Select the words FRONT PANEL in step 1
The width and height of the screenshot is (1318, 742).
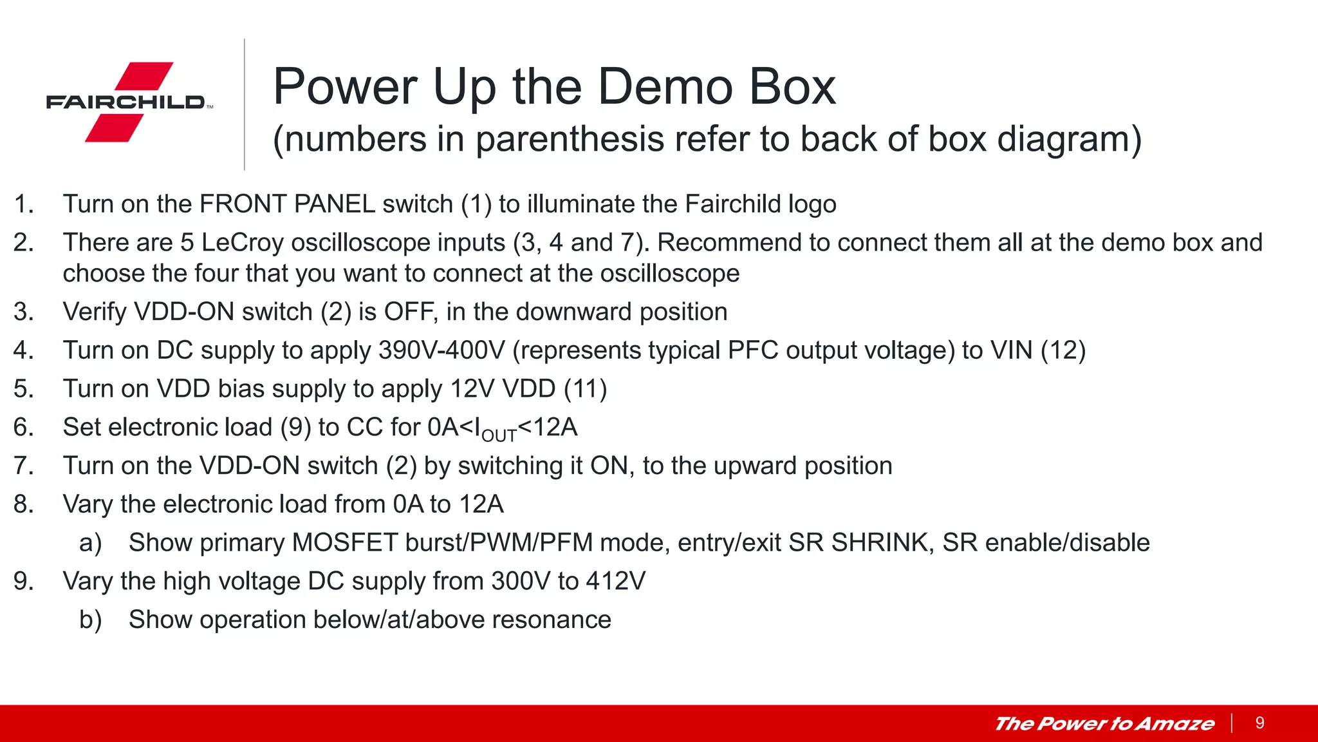[x=287, y=204]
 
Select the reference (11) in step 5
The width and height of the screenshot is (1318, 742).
[x=585, y=389]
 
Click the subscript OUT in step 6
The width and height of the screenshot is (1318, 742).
[x=499, y=436]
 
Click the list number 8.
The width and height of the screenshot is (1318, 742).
[x=23, y=504]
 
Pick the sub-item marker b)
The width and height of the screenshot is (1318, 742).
[x=90, y=620]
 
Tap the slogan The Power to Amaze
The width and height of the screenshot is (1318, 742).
[x=1104, y=724]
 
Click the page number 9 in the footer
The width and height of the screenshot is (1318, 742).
[x=1259, y=723]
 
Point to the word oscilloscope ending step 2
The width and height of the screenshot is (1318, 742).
[x=669, y=274]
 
